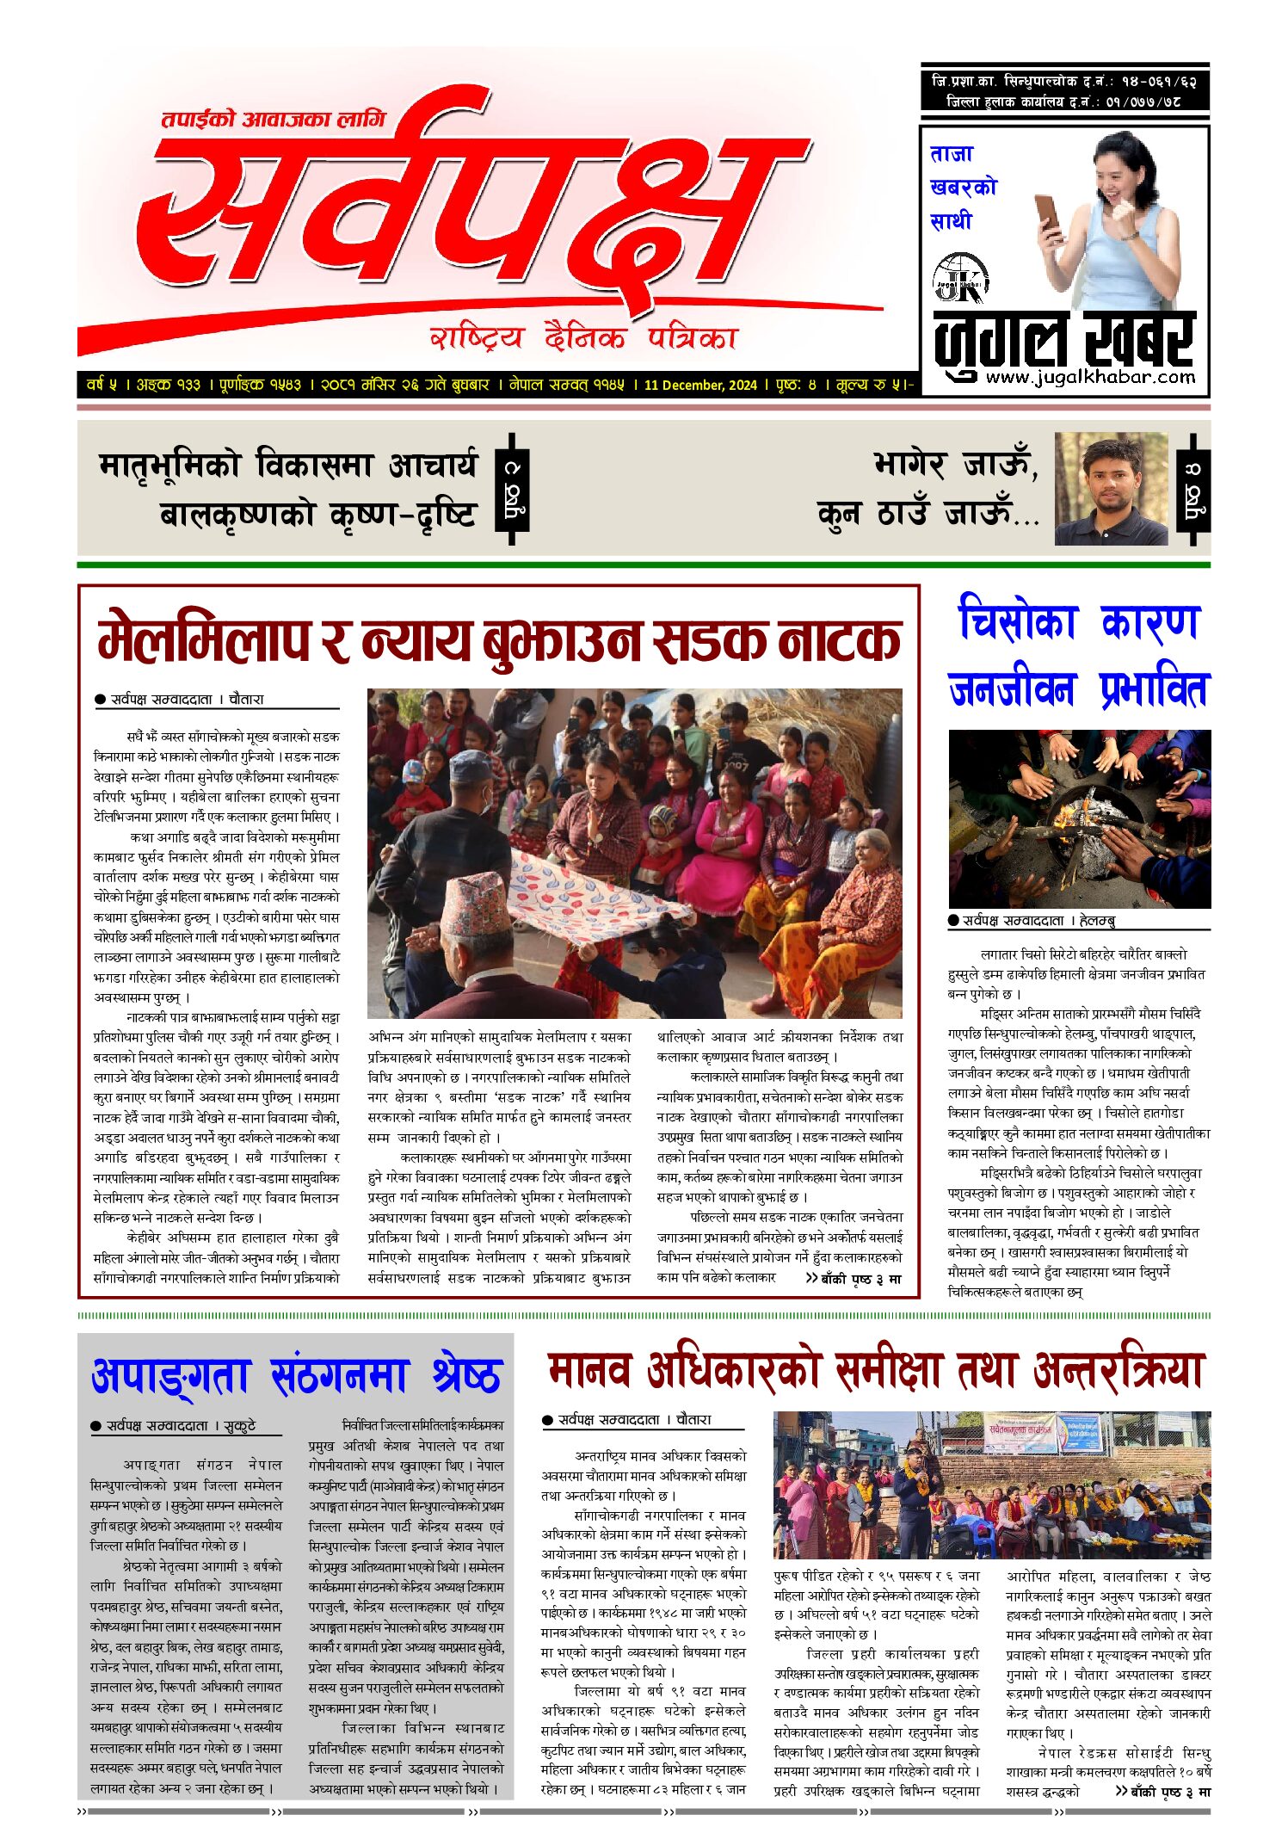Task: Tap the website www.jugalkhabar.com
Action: pyautogui.click(x=1090, y=377)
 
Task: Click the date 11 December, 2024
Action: pyautogui.click(x=699, y=385)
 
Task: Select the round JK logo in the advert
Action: pyautogui.click(x=960, y=278)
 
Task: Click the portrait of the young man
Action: pyautogui.click(x=1111, y=488)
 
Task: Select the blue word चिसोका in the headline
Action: pyautogui.click(x=1017, y=621)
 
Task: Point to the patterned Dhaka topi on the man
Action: pyautogui.click(x=476, y=904)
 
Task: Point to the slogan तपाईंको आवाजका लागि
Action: pyautogui.click(x=274, y=119)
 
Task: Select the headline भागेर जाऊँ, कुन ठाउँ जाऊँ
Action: pyautogui.click(x=929, y=488)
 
